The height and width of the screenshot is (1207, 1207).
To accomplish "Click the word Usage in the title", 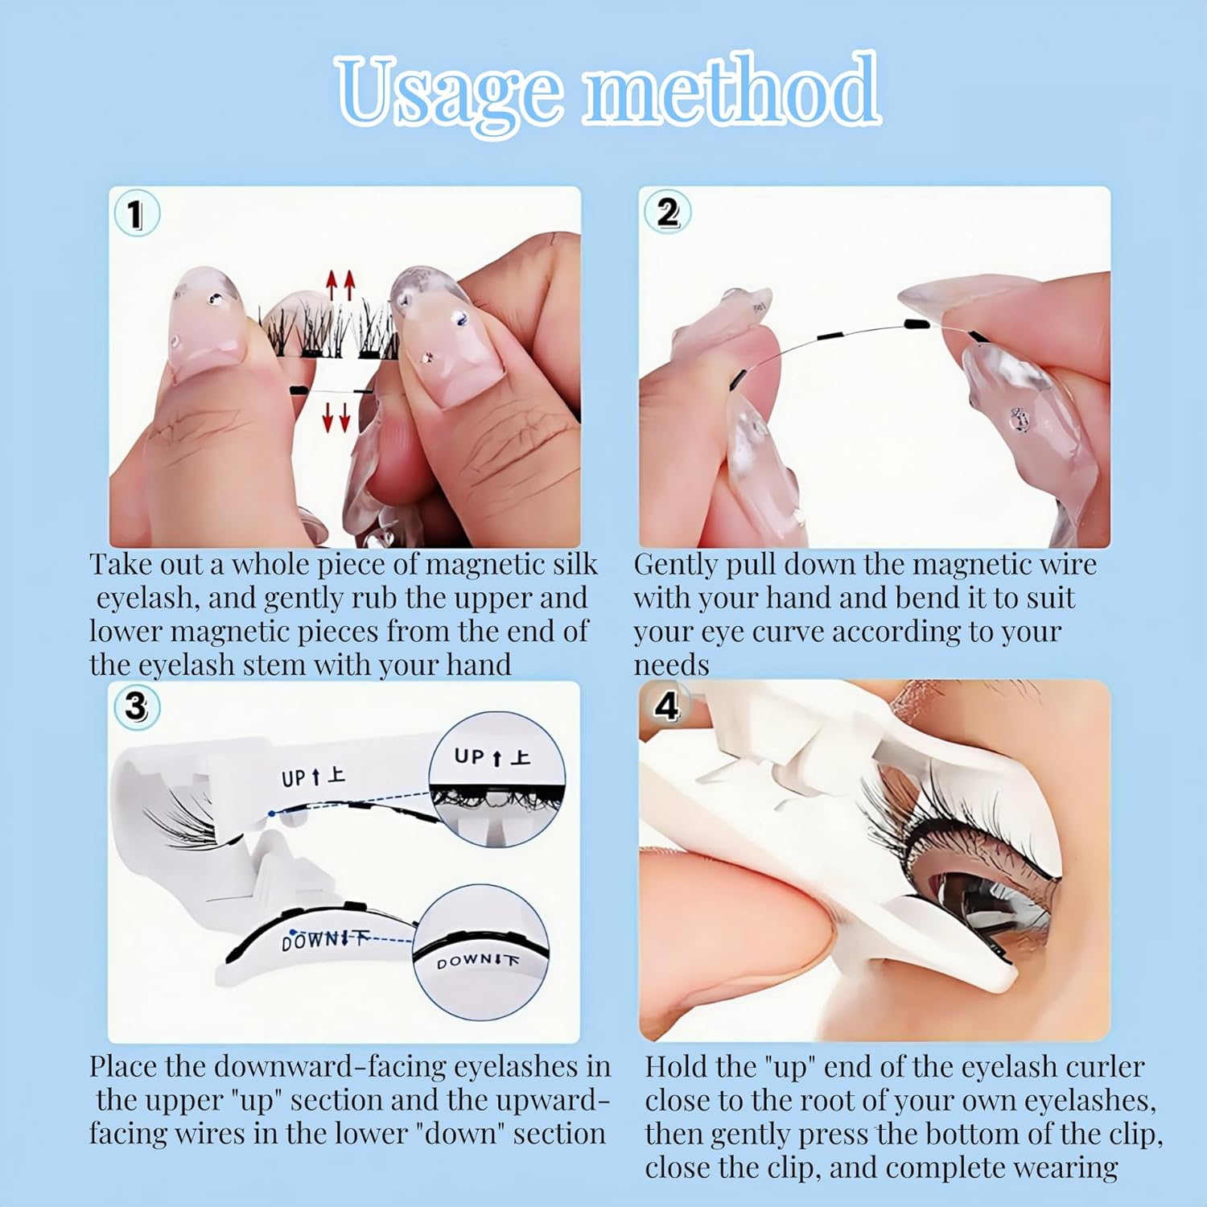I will pos(447,93).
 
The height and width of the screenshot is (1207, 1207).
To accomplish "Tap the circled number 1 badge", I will pos(136,214).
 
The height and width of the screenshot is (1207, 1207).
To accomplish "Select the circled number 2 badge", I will pos(667,212).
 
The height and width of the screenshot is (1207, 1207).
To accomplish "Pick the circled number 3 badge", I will pos(136,706).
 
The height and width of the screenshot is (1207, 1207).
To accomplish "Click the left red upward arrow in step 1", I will pos(331,285).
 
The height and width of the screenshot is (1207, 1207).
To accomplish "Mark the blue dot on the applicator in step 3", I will pos(272,814).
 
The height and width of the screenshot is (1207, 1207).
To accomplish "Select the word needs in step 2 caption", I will pos(671,665).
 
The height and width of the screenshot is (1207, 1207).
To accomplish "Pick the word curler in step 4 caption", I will pos(1104,1066).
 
